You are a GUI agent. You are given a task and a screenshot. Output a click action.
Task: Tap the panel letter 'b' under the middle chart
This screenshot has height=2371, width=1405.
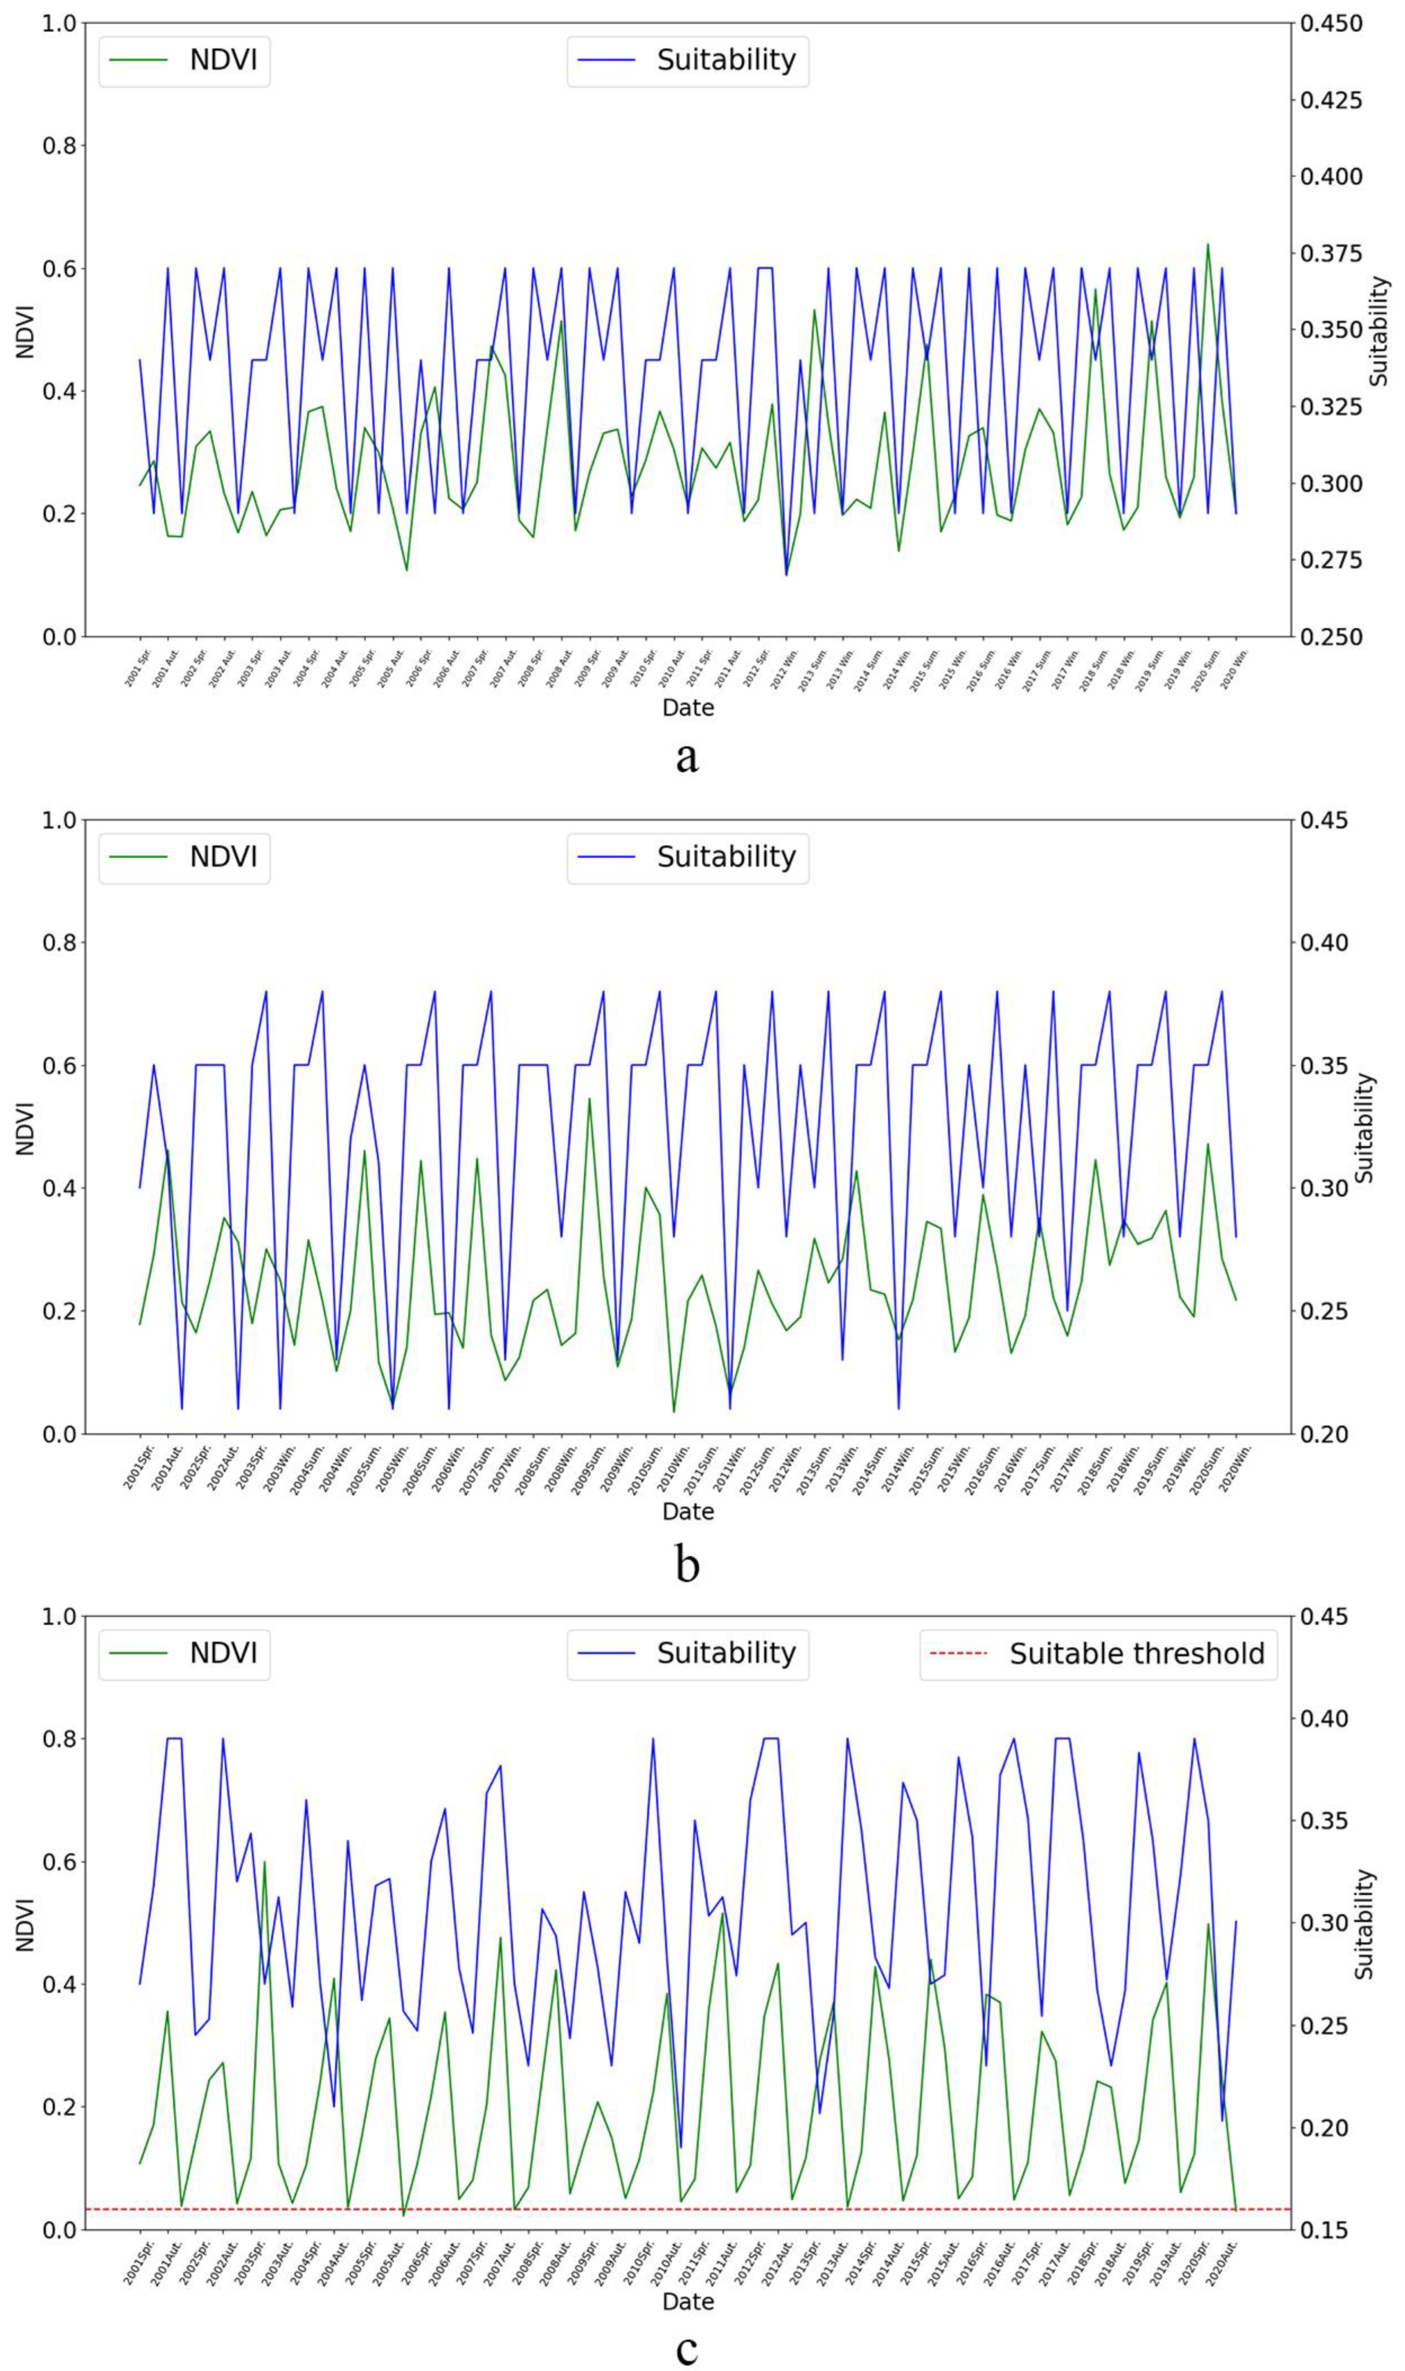coord(687,1564)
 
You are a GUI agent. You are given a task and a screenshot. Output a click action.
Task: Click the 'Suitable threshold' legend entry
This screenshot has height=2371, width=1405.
coord(1098,1654)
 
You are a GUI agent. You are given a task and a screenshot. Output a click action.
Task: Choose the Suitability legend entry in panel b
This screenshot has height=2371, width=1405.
coord(688,857)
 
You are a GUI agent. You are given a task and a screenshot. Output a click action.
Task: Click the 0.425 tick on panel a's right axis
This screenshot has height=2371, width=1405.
coord(1331,99)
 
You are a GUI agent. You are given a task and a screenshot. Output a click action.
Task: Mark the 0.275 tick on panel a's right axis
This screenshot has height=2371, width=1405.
coord(1331,560)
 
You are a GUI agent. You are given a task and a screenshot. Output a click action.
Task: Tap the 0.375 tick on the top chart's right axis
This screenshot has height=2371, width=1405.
coord(1331,253)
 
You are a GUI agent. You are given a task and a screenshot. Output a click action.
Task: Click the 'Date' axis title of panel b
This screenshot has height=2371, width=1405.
coord(687,1511)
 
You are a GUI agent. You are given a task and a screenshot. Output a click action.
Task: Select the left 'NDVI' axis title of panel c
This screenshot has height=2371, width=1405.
coord(25,1924)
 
